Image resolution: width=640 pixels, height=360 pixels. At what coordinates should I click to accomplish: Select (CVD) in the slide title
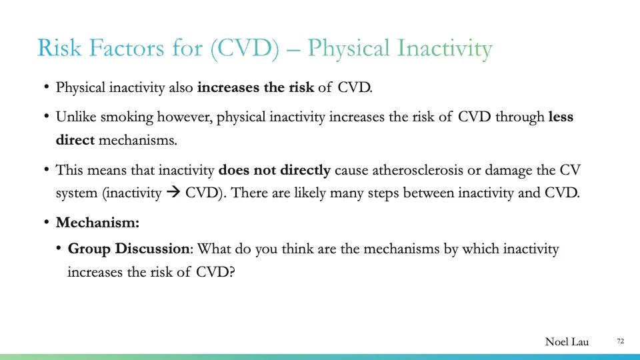point(245,49)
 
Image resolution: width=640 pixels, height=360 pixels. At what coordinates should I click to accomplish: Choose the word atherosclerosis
point(413,170)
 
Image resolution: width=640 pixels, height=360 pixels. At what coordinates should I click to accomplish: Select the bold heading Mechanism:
point(97,223)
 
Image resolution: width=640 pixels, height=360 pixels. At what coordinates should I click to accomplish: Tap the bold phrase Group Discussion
point(129,249)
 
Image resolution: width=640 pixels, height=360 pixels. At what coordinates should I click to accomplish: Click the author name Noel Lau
point(567,342)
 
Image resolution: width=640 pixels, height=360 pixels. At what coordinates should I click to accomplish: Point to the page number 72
point(620,341)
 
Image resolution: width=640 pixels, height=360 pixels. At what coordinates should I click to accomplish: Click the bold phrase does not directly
point(275,170)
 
